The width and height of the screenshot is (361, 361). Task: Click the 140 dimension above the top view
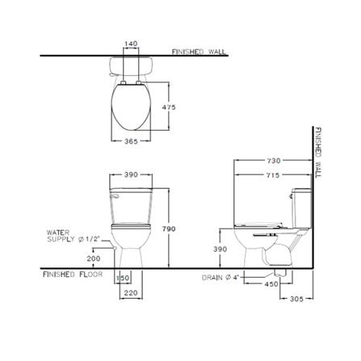(x=131, y=44)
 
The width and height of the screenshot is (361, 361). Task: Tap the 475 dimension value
(x=169, y=107)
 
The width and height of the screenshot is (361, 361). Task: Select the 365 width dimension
(x=131, y=141)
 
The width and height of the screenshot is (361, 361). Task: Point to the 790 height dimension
(x=169, y=229)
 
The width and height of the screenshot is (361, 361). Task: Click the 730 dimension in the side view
(x=274, y=161)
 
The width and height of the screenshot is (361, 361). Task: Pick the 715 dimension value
(x=273, y=175)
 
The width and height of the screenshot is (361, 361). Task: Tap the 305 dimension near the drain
(x=296, y=299)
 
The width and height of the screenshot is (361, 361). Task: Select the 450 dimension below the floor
(x=271, y=284)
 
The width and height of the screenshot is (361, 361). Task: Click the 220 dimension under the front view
(x=131, y=292)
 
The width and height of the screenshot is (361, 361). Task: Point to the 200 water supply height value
(x=94, y=258)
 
